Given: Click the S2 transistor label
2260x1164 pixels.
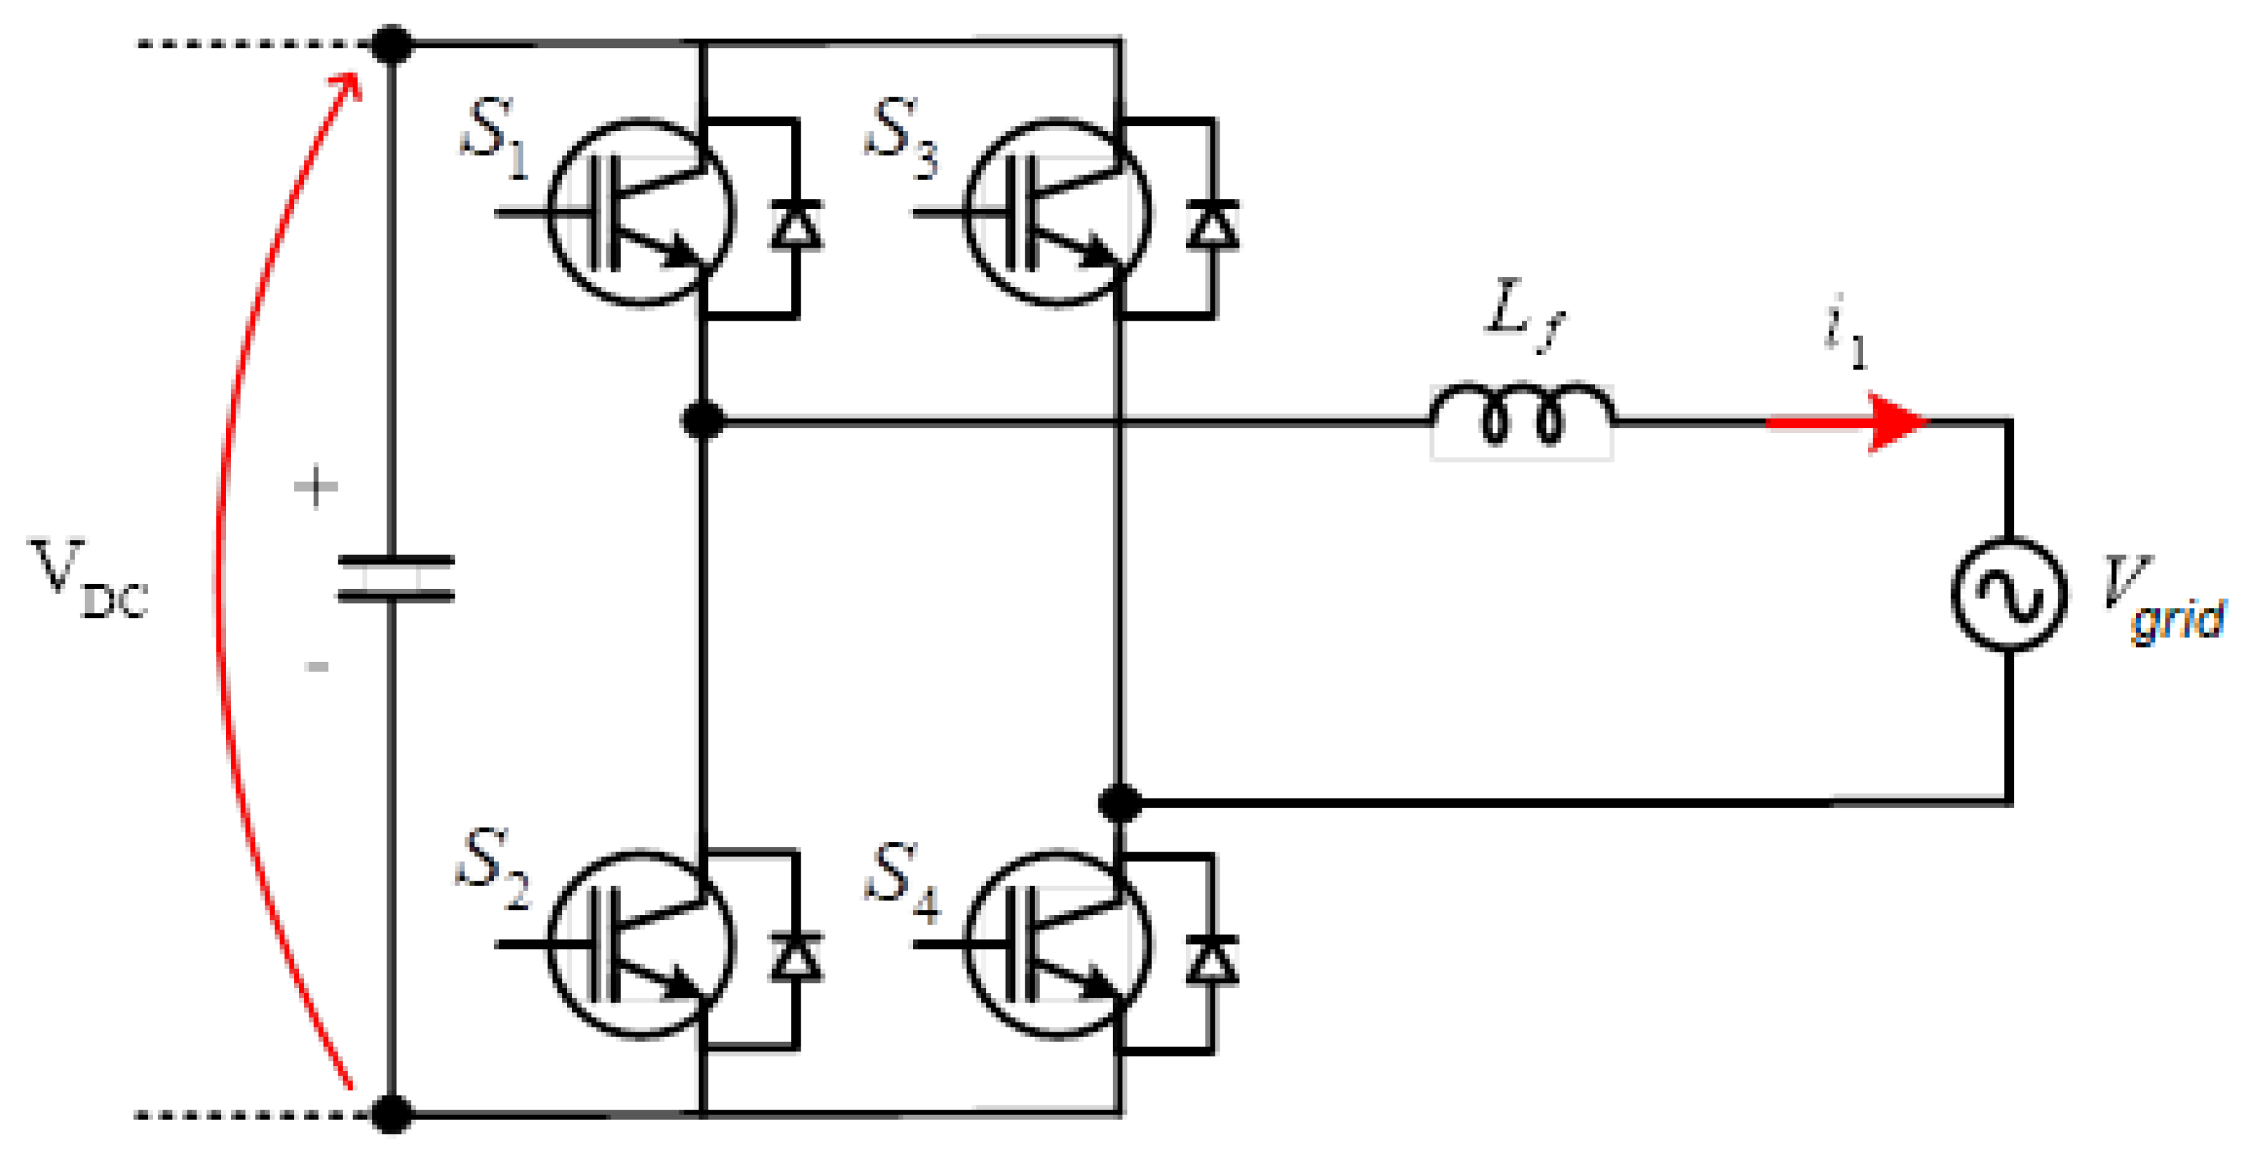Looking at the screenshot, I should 494,868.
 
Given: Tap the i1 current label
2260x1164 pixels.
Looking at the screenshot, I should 1845,334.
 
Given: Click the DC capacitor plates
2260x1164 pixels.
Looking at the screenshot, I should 395,579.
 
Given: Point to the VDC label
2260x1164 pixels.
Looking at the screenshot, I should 88,580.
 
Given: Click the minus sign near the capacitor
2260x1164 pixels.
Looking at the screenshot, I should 317,666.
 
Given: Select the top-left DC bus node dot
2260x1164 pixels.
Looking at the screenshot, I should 392,44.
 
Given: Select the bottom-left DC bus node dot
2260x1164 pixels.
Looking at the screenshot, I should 392,1114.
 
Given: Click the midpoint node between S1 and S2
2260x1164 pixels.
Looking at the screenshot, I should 703,421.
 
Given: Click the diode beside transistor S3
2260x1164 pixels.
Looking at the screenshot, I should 1213,225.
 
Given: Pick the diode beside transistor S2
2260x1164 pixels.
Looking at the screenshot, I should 796,958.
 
